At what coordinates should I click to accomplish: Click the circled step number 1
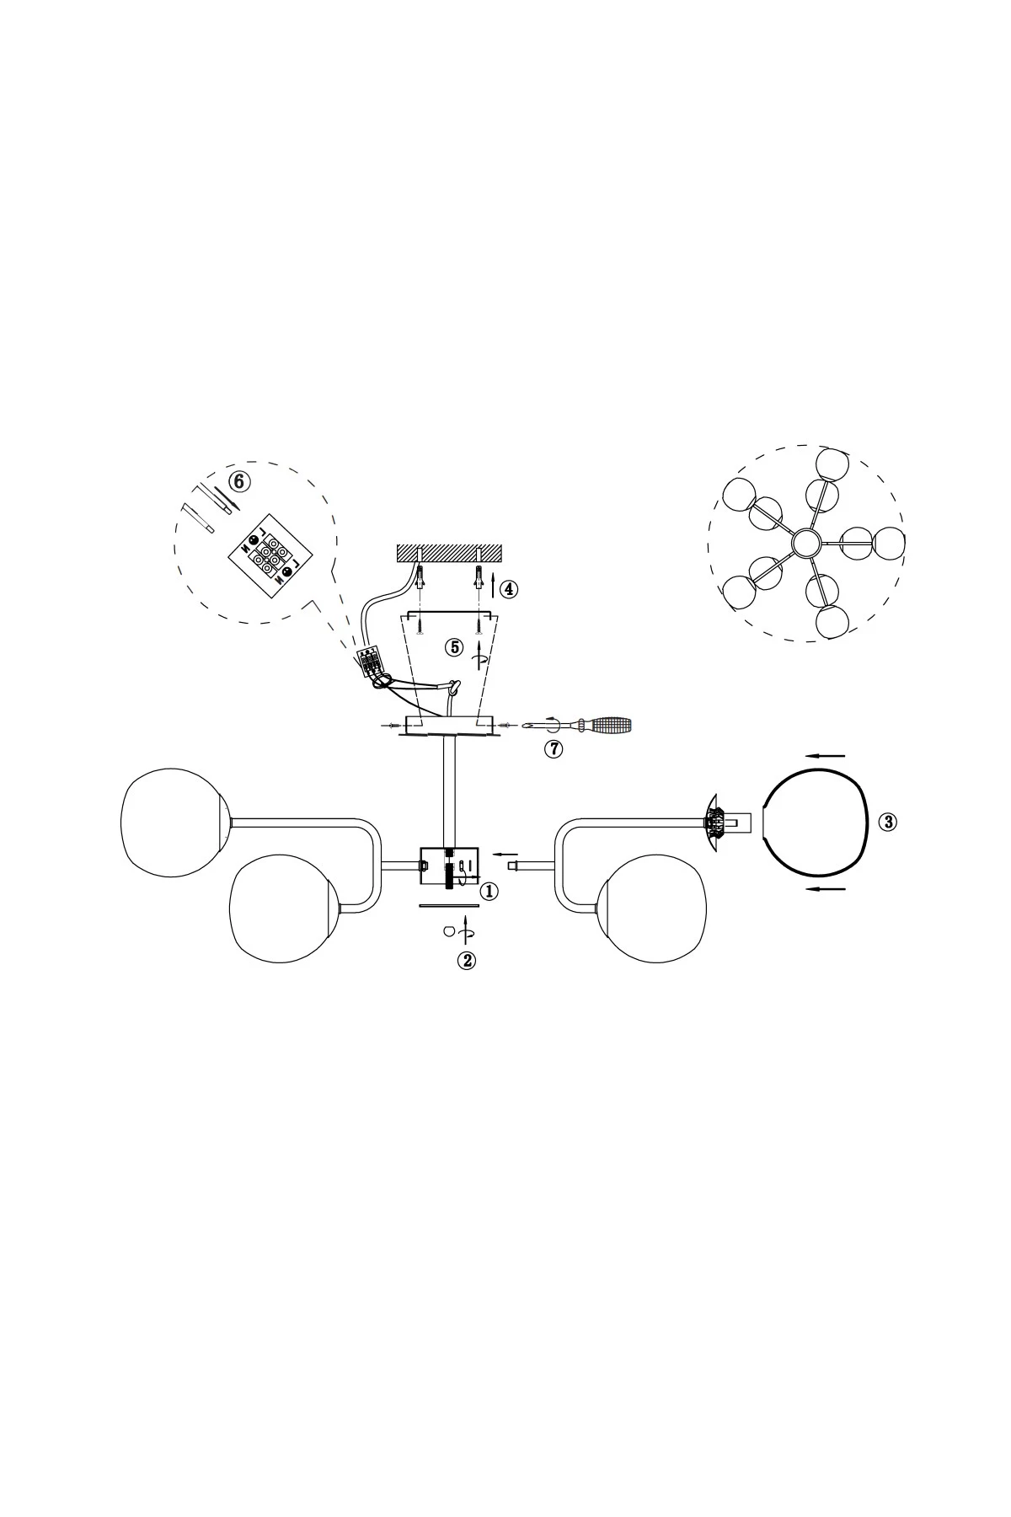click(x=489, y=891)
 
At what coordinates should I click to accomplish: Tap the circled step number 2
click(x=466, y=960)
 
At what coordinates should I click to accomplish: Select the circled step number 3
click(x=887, y=822)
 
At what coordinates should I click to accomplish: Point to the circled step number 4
click(x=508, y=588)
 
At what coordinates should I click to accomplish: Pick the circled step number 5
click(x=454, y=647)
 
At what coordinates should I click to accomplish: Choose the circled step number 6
click(x=240, y=481)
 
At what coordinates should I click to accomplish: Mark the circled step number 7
click(x=553, y=748)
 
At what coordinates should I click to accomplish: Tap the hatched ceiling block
click(x=449, y=555)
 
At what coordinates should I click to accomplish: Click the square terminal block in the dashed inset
click(x=270, y=556)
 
